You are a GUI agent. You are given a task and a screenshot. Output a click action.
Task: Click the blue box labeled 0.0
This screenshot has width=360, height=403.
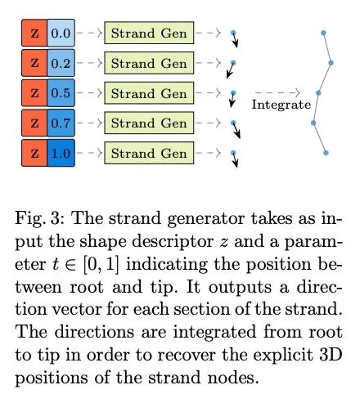tap(61, 33)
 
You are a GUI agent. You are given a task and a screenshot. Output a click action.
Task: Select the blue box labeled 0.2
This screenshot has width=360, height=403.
tap(61, 63)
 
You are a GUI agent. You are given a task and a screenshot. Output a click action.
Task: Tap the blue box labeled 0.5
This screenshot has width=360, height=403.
tap(61, 92)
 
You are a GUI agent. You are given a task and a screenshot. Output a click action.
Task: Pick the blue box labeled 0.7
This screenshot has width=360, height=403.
tap(61, 123)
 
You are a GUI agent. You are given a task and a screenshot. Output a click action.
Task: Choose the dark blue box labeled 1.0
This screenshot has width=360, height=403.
tap(61, 153)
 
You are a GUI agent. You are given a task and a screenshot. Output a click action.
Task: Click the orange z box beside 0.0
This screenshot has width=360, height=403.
tap(34, 33)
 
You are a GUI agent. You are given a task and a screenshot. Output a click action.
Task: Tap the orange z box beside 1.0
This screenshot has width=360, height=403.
tap(34, 153)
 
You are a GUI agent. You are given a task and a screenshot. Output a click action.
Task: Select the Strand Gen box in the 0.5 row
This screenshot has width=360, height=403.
tap(149, 93)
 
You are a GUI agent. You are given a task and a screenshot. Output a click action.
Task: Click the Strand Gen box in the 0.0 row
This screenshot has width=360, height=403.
tap(149, 33)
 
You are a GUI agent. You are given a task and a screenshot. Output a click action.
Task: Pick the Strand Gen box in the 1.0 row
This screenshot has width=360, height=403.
tap(149, 153)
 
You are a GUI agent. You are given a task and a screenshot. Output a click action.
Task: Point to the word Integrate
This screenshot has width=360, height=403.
tap(281, 105)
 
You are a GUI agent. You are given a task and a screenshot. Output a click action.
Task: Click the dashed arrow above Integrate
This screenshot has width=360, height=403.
tap(277, 92)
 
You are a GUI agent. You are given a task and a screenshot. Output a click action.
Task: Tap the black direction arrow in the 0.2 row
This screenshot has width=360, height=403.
tap(231, 70)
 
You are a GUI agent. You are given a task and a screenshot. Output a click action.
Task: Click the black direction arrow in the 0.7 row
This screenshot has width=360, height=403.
tap(236, 130)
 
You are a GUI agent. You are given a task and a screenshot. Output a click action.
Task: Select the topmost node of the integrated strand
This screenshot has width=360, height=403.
tap(323, 33)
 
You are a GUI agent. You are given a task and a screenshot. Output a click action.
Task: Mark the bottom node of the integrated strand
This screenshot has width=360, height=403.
tap(326, 153)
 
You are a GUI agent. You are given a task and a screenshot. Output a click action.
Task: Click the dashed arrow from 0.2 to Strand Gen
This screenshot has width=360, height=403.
tap(89, 63)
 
